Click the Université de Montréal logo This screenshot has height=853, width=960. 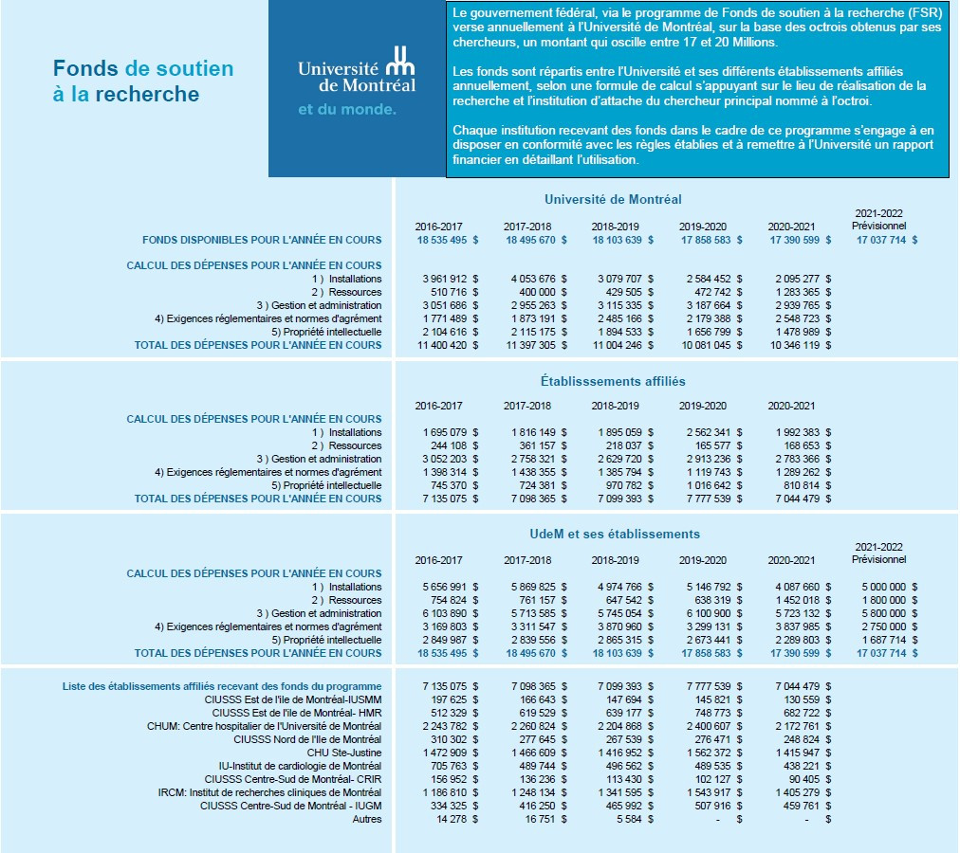click(x=357, y=69)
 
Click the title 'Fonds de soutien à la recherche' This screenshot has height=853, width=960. click(x=143, y=82)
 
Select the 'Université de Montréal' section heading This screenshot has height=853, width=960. click(x=613, y=199)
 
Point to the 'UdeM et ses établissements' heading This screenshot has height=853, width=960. click(x=614, y=534)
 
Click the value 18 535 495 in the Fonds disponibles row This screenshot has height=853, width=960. click(x=441, y=240)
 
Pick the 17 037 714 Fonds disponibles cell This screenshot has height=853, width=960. click(x=880, y=240)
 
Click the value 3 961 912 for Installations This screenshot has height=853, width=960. click(x=441, y=279)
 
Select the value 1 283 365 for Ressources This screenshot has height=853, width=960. click(x=794, y=292)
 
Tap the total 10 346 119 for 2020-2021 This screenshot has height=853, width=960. click(x=794, y=345)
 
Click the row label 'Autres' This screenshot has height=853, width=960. click(x=366, y=819)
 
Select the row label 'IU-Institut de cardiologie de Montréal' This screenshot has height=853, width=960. click(x=300, y=766)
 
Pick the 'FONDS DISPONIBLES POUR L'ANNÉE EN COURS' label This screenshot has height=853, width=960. click(x=262, y=240)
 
